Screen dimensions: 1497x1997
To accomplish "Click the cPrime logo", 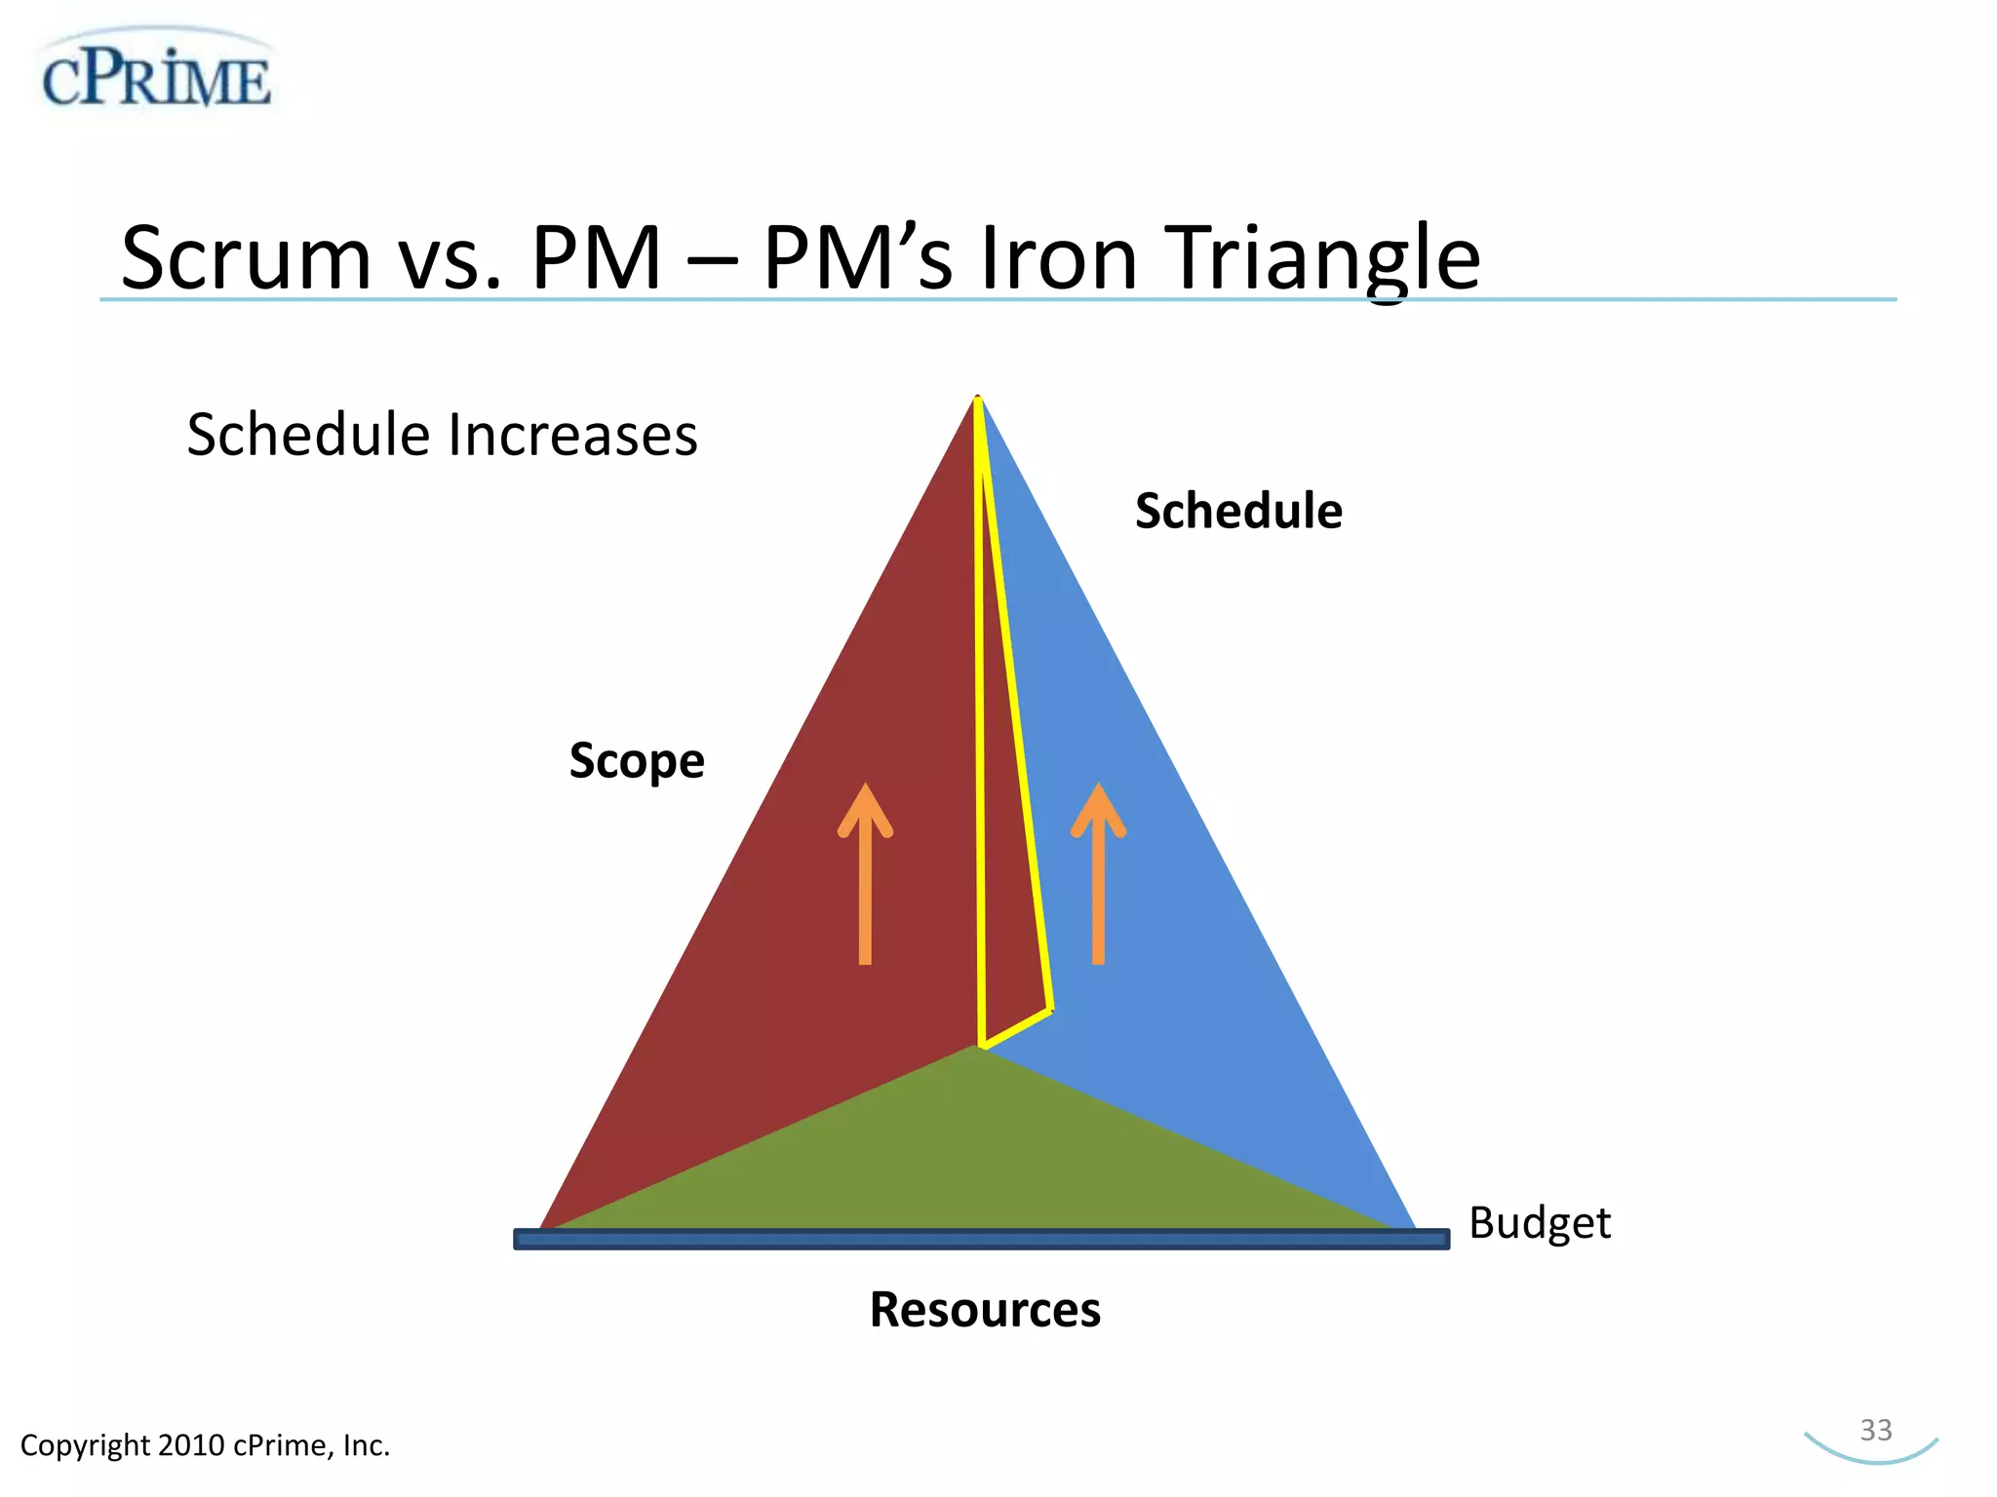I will pyautogui.click(x=156, y=76).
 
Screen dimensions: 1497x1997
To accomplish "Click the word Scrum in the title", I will pyautogui.click(x=246, y=258).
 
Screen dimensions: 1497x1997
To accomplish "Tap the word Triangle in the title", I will pyautogui.click(x=1326, y=258).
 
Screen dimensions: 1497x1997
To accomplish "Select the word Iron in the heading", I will pyautogui.click(x=1058, y=258).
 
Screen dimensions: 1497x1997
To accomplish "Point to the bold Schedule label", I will pyautogui.click(x=1238, y=511).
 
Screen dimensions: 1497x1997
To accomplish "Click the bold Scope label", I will pyautogui.click(x=636, y=760).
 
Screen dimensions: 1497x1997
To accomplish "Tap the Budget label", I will pyautogui.click(x=1539, y=1223).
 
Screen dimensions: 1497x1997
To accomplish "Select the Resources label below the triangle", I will pyautogui.click(x=985, y=1309).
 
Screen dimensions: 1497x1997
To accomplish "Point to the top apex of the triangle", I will pyautogui.click(x=977, y=400).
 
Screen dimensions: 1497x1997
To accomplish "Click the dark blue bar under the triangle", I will pyautogui.click(x=980, y=1239).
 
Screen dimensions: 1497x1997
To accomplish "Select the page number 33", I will pyautogui.click(x=1875, y=1430).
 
